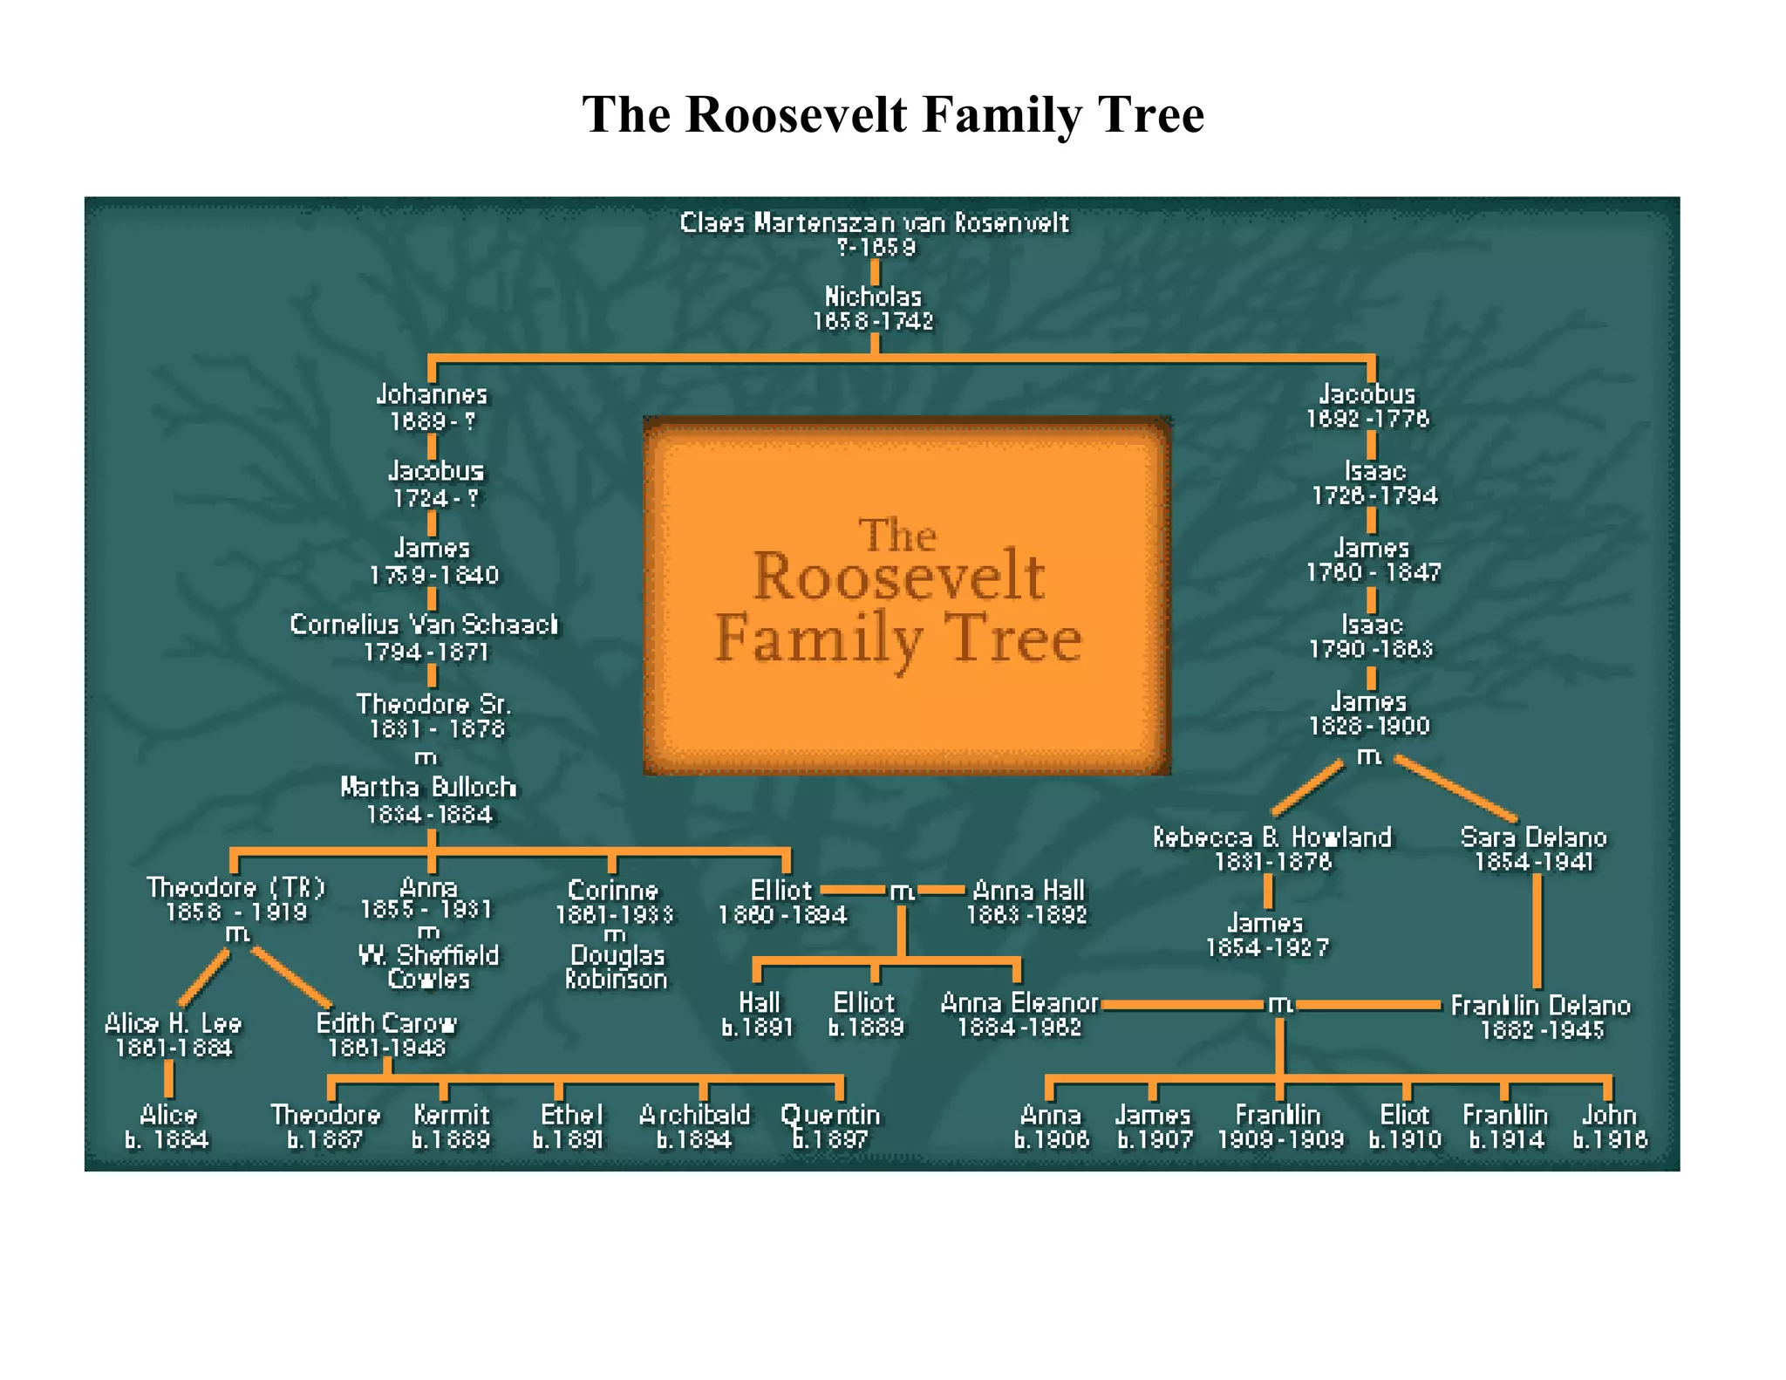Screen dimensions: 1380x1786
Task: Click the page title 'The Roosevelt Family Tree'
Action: point(892,114)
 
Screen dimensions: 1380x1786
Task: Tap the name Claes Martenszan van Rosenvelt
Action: point(874,223)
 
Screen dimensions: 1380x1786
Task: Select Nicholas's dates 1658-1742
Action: point(873,322)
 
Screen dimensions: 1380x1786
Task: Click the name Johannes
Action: point(432,395)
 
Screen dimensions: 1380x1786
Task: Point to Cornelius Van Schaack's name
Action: point(425,625)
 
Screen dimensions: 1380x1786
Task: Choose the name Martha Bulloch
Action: point(428,788)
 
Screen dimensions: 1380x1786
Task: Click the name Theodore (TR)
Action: point(235,888)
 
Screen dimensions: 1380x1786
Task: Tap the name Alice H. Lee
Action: point(173,1023)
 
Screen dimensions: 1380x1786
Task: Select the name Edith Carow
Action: point(386,1023)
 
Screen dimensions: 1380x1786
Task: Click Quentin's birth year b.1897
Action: point(830,1139)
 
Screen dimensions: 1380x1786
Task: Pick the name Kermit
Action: point(452,1116)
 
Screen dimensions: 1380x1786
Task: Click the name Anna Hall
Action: point(1028,891)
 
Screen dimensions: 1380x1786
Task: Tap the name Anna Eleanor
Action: point(1019,1004)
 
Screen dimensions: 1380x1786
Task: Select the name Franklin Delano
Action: point(1540,1006)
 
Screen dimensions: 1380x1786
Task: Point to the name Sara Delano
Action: point(1533,837)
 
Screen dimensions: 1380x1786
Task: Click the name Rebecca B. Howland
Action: point(1272,837)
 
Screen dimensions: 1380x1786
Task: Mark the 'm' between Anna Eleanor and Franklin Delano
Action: point(1280,1004)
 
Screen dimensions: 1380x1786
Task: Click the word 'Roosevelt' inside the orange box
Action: point(898,577)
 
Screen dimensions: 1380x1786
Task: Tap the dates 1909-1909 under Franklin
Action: point(1280,1140)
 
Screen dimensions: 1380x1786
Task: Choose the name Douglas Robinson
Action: point(617,967)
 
